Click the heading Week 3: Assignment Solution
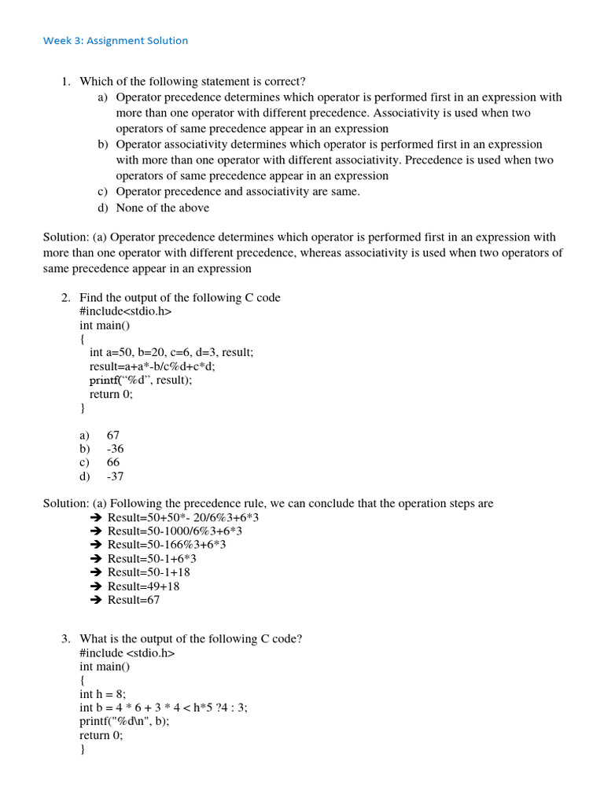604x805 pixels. [x=116, y=40]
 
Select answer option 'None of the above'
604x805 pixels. [x=162, y=208]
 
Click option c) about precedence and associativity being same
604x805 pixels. [x=238, y=192]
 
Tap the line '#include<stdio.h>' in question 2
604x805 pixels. [x=125, y=311]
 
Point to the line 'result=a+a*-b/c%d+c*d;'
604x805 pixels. [x=152, y=366]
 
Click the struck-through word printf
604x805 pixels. [x=104, y=380]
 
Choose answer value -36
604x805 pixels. [x=115, y=449]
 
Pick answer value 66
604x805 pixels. [x=113, y=462]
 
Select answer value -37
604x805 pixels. [x=115, y=476]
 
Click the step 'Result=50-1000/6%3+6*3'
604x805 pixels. [x=175, y=531]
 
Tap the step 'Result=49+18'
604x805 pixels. [x=143, y=586]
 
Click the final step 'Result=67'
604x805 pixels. [x=134, y=600]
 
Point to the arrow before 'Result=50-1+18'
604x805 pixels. [x=96, y=572]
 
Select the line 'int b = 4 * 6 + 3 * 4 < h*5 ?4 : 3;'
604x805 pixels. [x=163, y=708]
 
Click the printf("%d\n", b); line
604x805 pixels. [x=124, y=721]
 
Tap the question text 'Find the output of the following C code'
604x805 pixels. [x=179, y=297]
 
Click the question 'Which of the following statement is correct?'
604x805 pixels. [x=192, y=82]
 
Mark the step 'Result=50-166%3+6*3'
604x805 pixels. [x=167, y=545]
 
